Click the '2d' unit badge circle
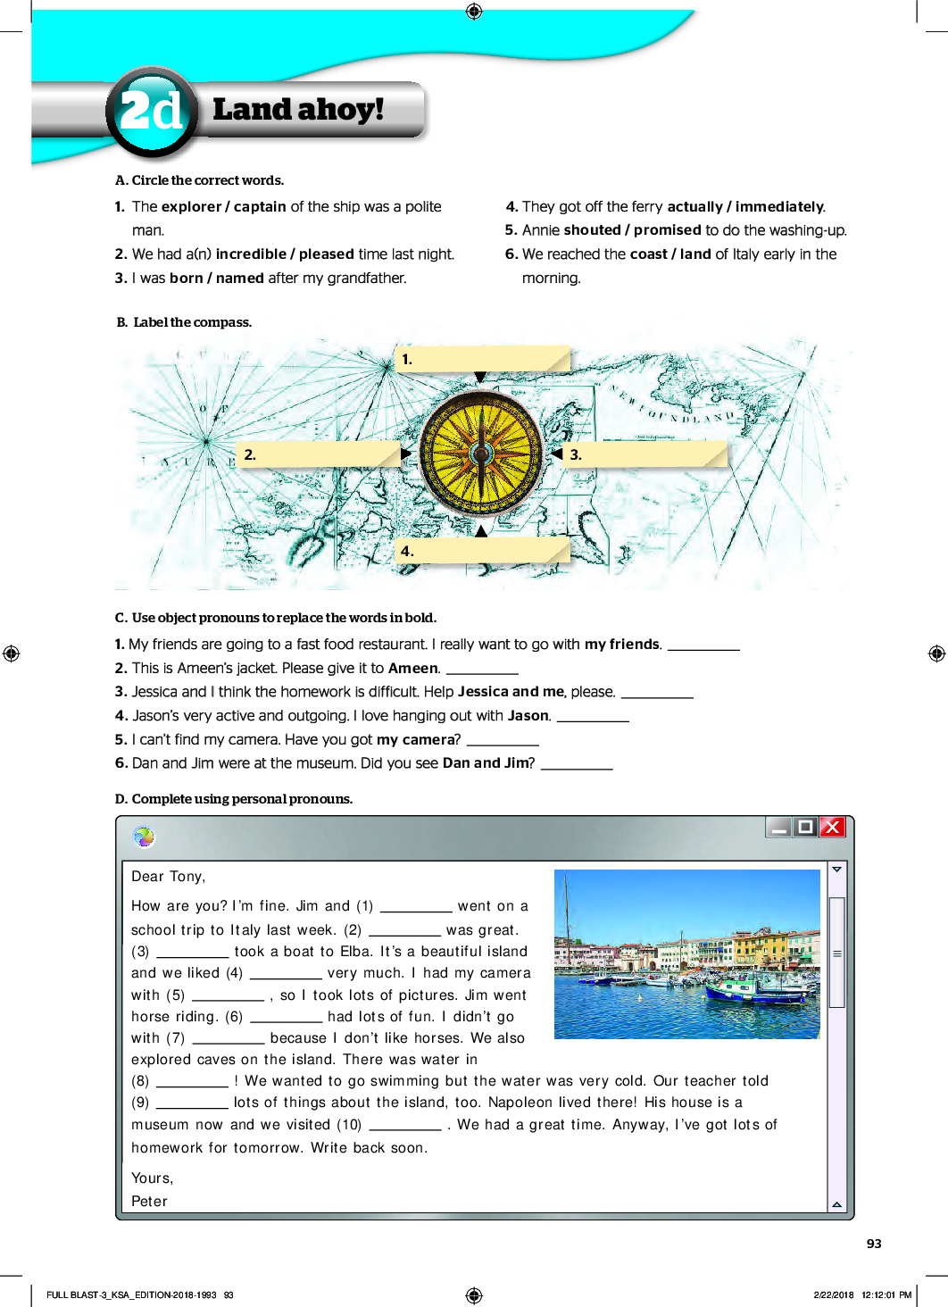(151, 112)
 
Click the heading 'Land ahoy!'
(298, 110)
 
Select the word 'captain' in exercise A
(260, 207)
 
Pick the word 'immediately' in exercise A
(779, 207)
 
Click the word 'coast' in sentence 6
(648, 254)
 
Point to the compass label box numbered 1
(482, 359)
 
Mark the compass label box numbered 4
(482, 551)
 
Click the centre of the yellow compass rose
(481, 454)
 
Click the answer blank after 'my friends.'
(703, 645)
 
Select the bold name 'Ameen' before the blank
(412, 669)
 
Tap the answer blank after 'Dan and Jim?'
(577, 763)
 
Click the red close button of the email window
(832, 827)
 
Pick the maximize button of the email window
(805, 827)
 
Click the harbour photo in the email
(686, 953)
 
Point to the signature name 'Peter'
(149, 1202)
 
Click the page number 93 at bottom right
(874, 1244)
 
